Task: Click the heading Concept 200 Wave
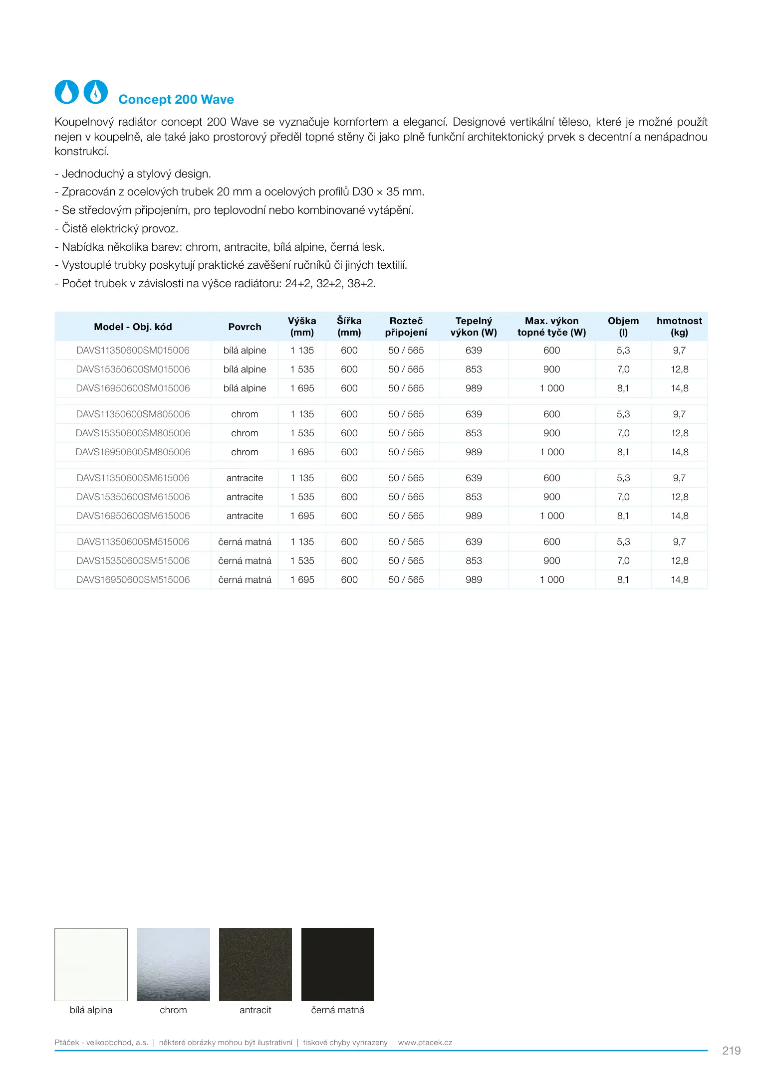pyautogui.click(x=176, y=100)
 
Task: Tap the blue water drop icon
pyautogui.click(x=66, y=92)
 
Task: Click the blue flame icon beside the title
pyautogui.click(x=95, y=92)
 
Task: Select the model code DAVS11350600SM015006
pyautogui.click(x=133, y=351)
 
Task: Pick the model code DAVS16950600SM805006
pyautogui.click(x=133, y=452)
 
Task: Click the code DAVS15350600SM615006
pyautogui.click(x=133, y=497)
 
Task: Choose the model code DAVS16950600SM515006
pyautogui.click(x=133, y=580)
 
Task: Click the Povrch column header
pyautogui.click(x=245, y=327)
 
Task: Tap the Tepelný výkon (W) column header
pyautogui.click(x=474, y=327)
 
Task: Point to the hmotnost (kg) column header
pyautogui.click(x=679, y=327)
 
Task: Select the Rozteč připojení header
pyautogui.click(x=406, y=327)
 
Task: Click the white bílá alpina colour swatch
pyautogui.click(x=91, y=964)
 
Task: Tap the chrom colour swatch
pyautogui.click(x=173, y=964)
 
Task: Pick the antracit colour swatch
pyautogui.click(x=255, y=964)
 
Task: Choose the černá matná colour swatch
pyautogui.click(x=338, y=964)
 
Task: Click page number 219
pyautogui.click(x=731, y=1051)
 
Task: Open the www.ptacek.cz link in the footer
pyautogui.click(x=425, y=1043)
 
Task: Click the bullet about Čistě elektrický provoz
pyautogui.click(x=117, y=229)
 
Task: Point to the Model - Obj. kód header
pyautogui.click(x=133, y=327)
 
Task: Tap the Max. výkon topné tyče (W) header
pyautogui.click(x=551, y=327)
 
